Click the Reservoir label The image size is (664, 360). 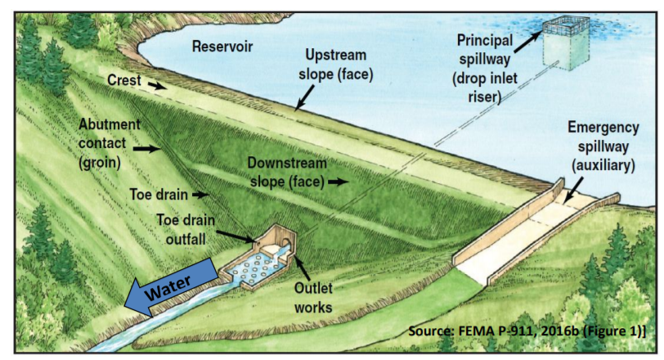[219, 46]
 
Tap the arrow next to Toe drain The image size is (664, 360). [200, 196]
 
